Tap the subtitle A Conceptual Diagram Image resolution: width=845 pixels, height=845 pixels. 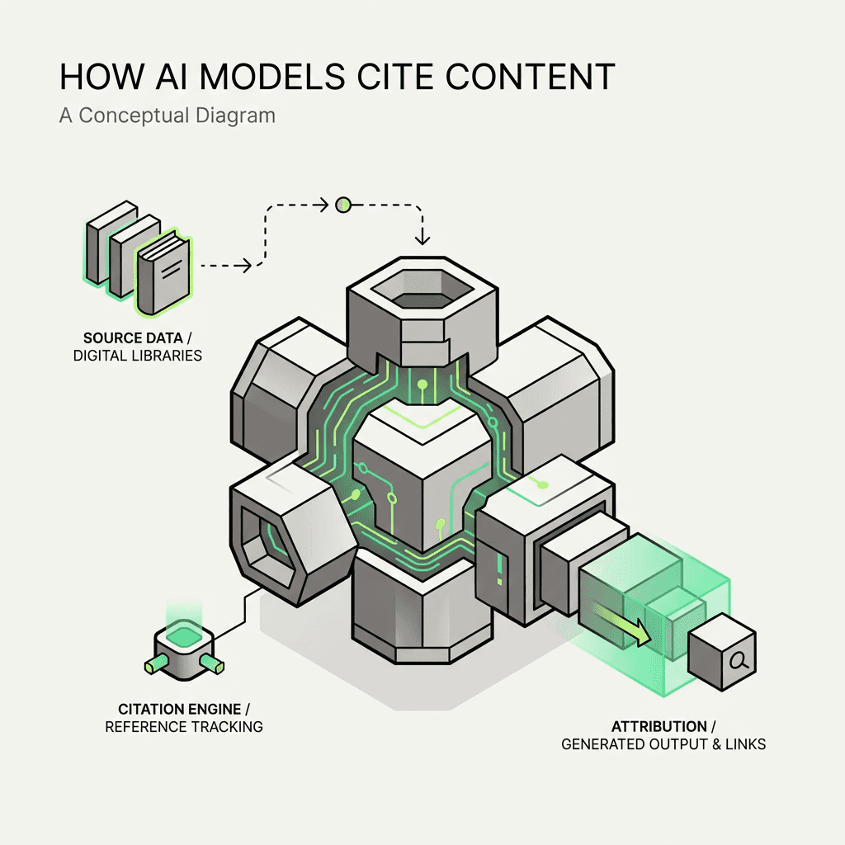pos(167,115)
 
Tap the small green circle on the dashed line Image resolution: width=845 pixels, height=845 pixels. pos(342,203)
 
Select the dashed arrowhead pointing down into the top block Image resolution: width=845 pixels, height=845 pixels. pos(422,239)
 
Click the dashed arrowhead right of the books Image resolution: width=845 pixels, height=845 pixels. pos(246,265)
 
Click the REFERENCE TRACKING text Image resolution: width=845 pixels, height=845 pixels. pos(184,727)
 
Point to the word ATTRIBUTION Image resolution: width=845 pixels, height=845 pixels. pos(659,726)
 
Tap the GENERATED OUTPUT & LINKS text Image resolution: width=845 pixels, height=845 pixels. pos(663,744)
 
